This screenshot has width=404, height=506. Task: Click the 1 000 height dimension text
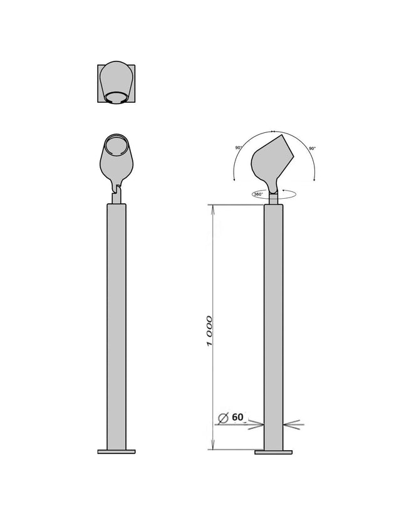(x=210, y=331)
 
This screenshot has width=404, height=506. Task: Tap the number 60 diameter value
(x=237, y=417)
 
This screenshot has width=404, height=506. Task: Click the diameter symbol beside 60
(x=223, y=418)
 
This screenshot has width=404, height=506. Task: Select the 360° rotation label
(x=259, y=194)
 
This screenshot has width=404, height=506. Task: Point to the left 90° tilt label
(x=239, y=148)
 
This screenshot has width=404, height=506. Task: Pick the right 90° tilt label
(x=313, y=149)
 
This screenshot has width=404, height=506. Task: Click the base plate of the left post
(x=117, y=452)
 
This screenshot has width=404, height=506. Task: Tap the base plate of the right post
(x=274, y=453)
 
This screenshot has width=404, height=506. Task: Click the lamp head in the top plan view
(x=117, y=82)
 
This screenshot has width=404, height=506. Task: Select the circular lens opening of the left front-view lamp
(x=117, y=145)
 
